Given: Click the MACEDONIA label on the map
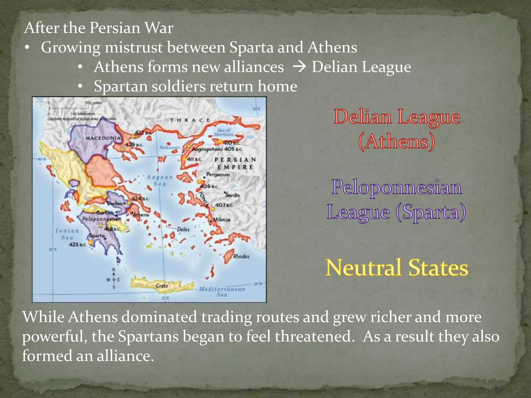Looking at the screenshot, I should pyautogui.click(x=103, y=138).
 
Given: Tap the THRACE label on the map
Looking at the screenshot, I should pyautogui.click(x=190, y=120).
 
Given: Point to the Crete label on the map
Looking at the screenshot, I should pyautogui.click(x=162, y=286).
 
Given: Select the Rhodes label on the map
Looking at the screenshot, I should pyautogui.click(x=241, y=256).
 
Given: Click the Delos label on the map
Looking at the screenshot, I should pyautogui.click(x=183, y=229).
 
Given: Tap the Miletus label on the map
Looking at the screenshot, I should pyautogui.click(x=222, y=219).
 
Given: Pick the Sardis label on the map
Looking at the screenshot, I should pyautogui.click(x=233, y=195).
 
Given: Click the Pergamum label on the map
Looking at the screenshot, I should pyautogui.click(x=218, y=174).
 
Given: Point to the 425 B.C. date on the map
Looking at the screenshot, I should pyautogui.click(x=77, y=244).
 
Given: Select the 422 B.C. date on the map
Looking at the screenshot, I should pyautogui.click(x=143, y=133).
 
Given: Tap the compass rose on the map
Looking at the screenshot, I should pyautogui.click(x=114, y=280).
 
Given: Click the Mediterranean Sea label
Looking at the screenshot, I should pyautogui.click(x=222, y=292).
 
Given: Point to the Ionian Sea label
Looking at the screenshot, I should pyautogui.click(x=67, y=234).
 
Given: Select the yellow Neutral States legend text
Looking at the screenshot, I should pyautogui.click(x=397, y=268).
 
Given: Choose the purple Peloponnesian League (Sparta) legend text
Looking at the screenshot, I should pyautogui.click(x=397, y=200).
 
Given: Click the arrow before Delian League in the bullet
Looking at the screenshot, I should pyautogui.click(x=299, y=67).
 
